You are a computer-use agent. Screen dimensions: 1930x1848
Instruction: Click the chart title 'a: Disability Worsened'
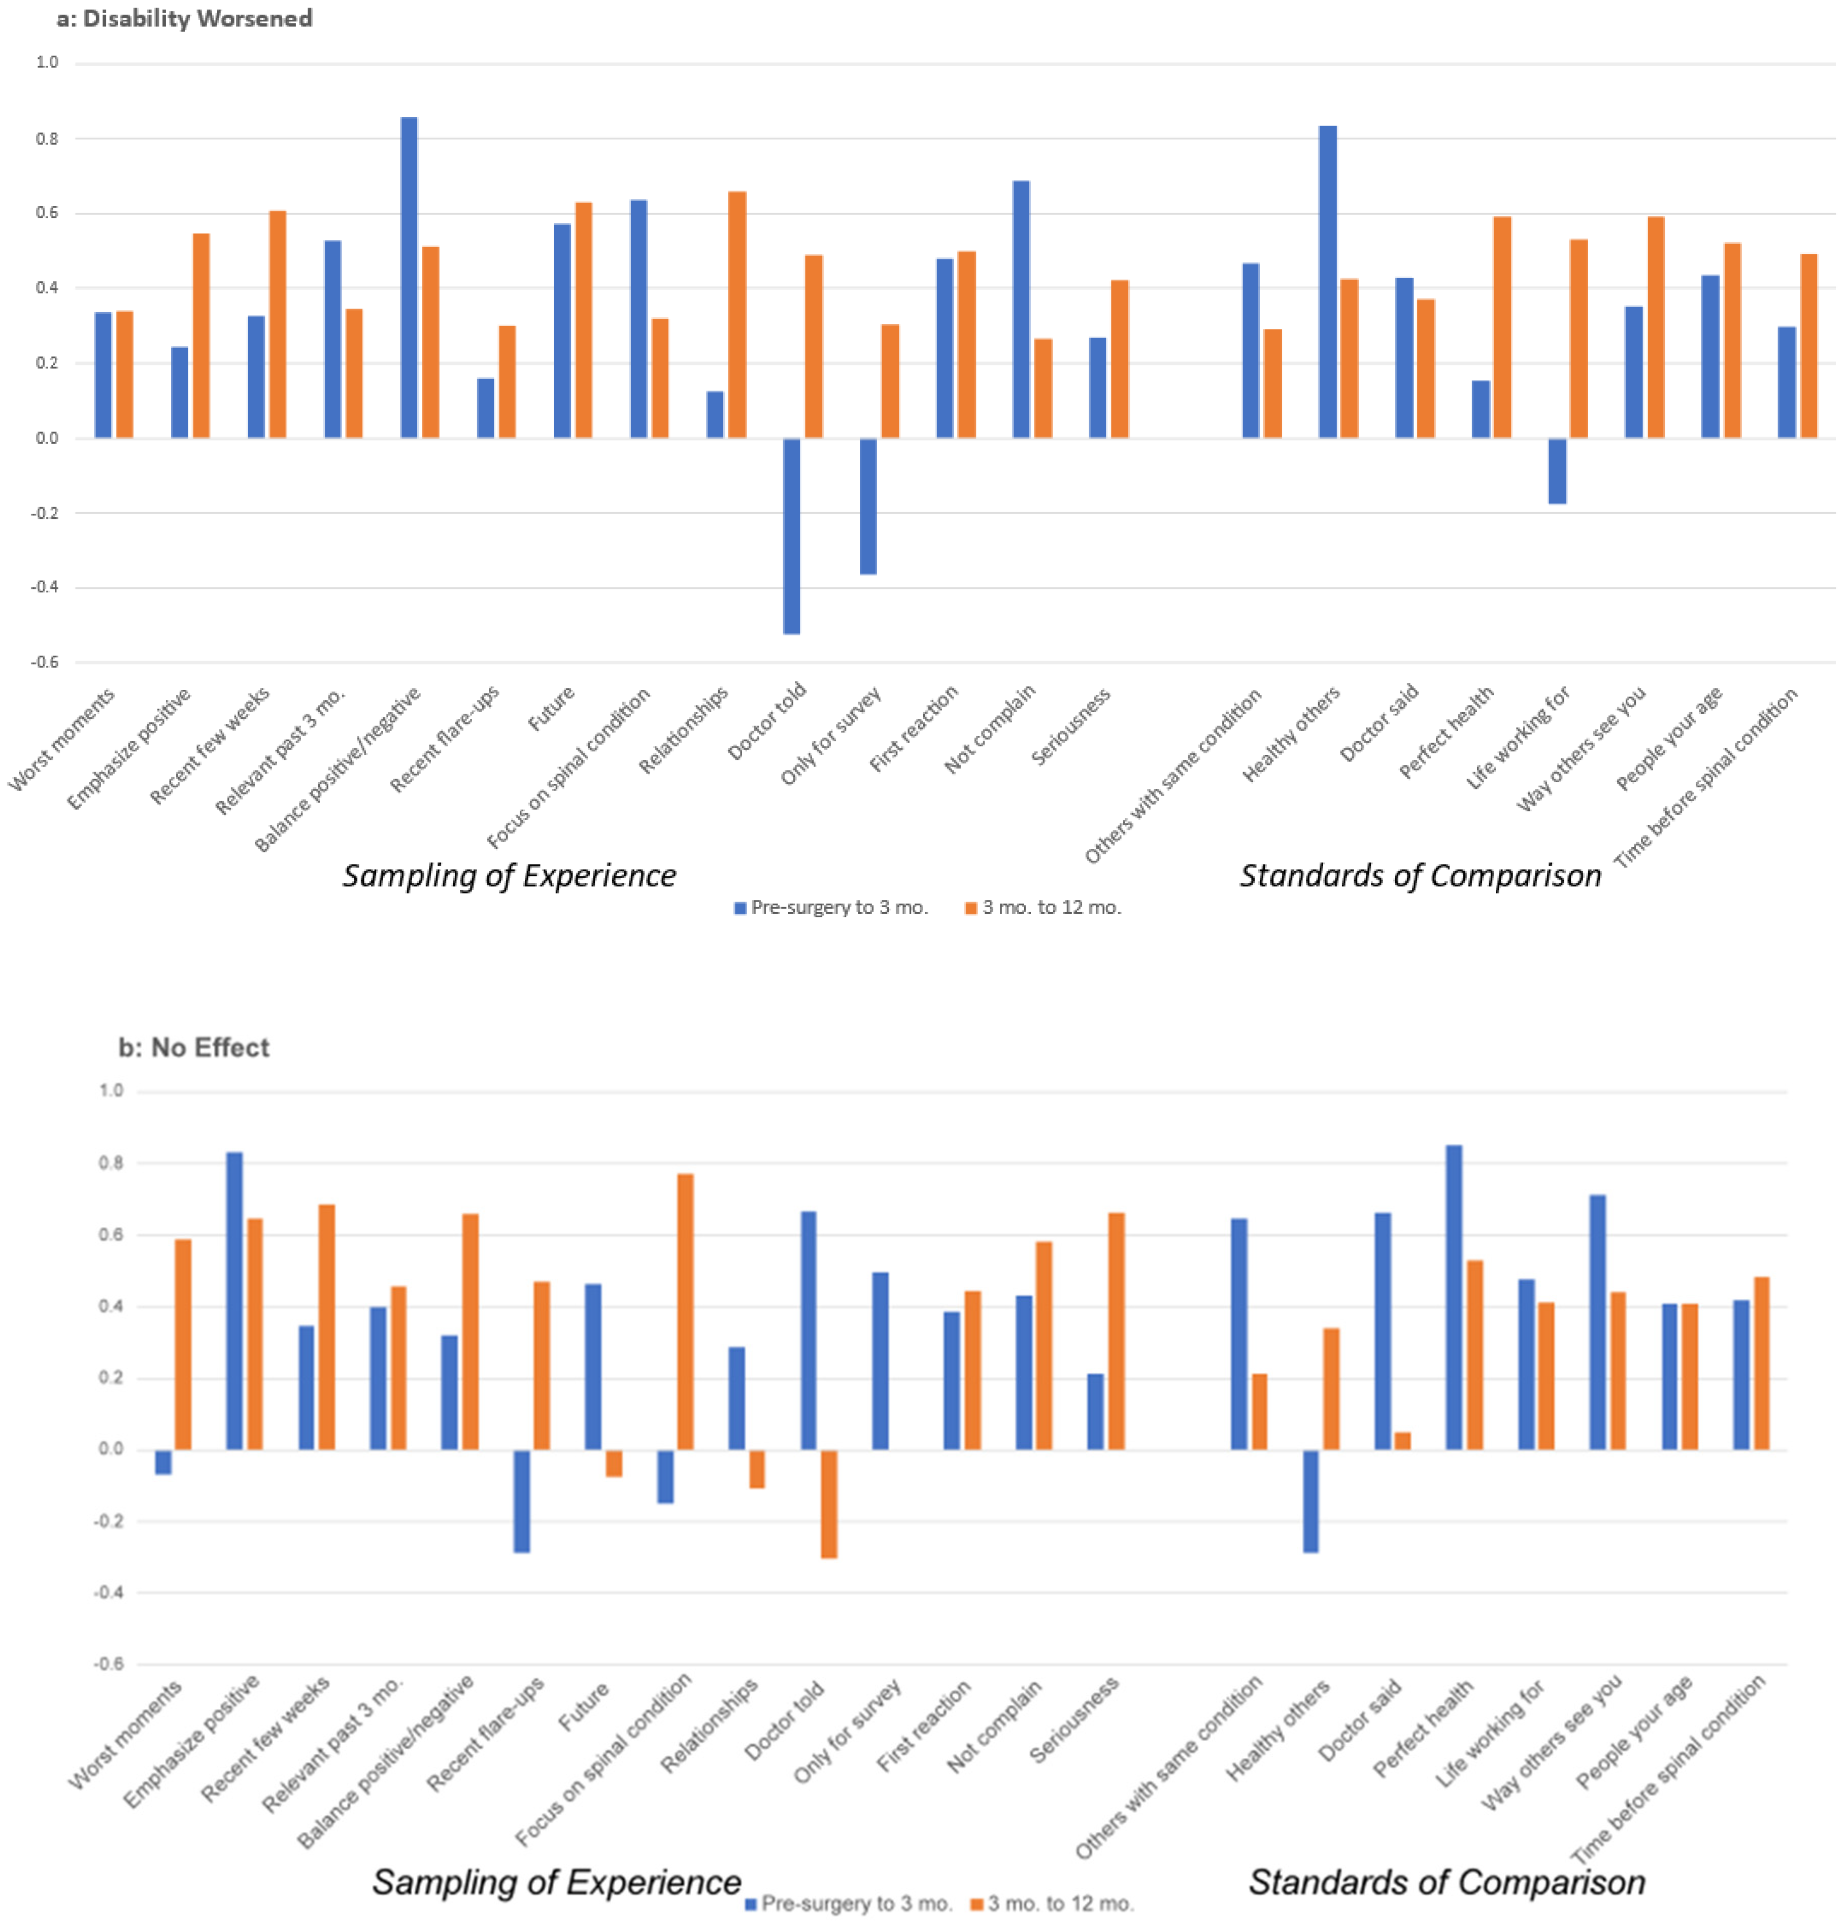click(x=184, y=19)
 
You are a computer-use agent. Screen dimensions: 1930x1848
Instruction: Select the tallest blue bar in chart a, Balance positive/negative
click(x=409, y=278)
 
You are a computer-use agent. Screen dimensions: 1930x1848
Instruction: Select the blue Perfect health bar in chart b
click(x=1453, y=1298)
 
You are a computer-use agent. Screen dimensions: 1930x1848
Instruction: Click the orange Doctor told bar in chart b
click(x=829, y=1504)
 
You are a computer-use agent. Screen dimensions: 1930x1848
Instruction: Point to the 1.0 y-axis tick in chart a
click(x=47, y=63)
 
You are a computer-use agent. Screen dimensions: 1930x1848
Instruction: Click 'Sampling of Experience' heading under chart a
click(x=509, y=875)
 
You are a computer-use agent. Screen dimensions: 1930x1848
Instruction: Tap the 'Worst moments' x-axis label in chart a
click(x=62, y=739)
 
